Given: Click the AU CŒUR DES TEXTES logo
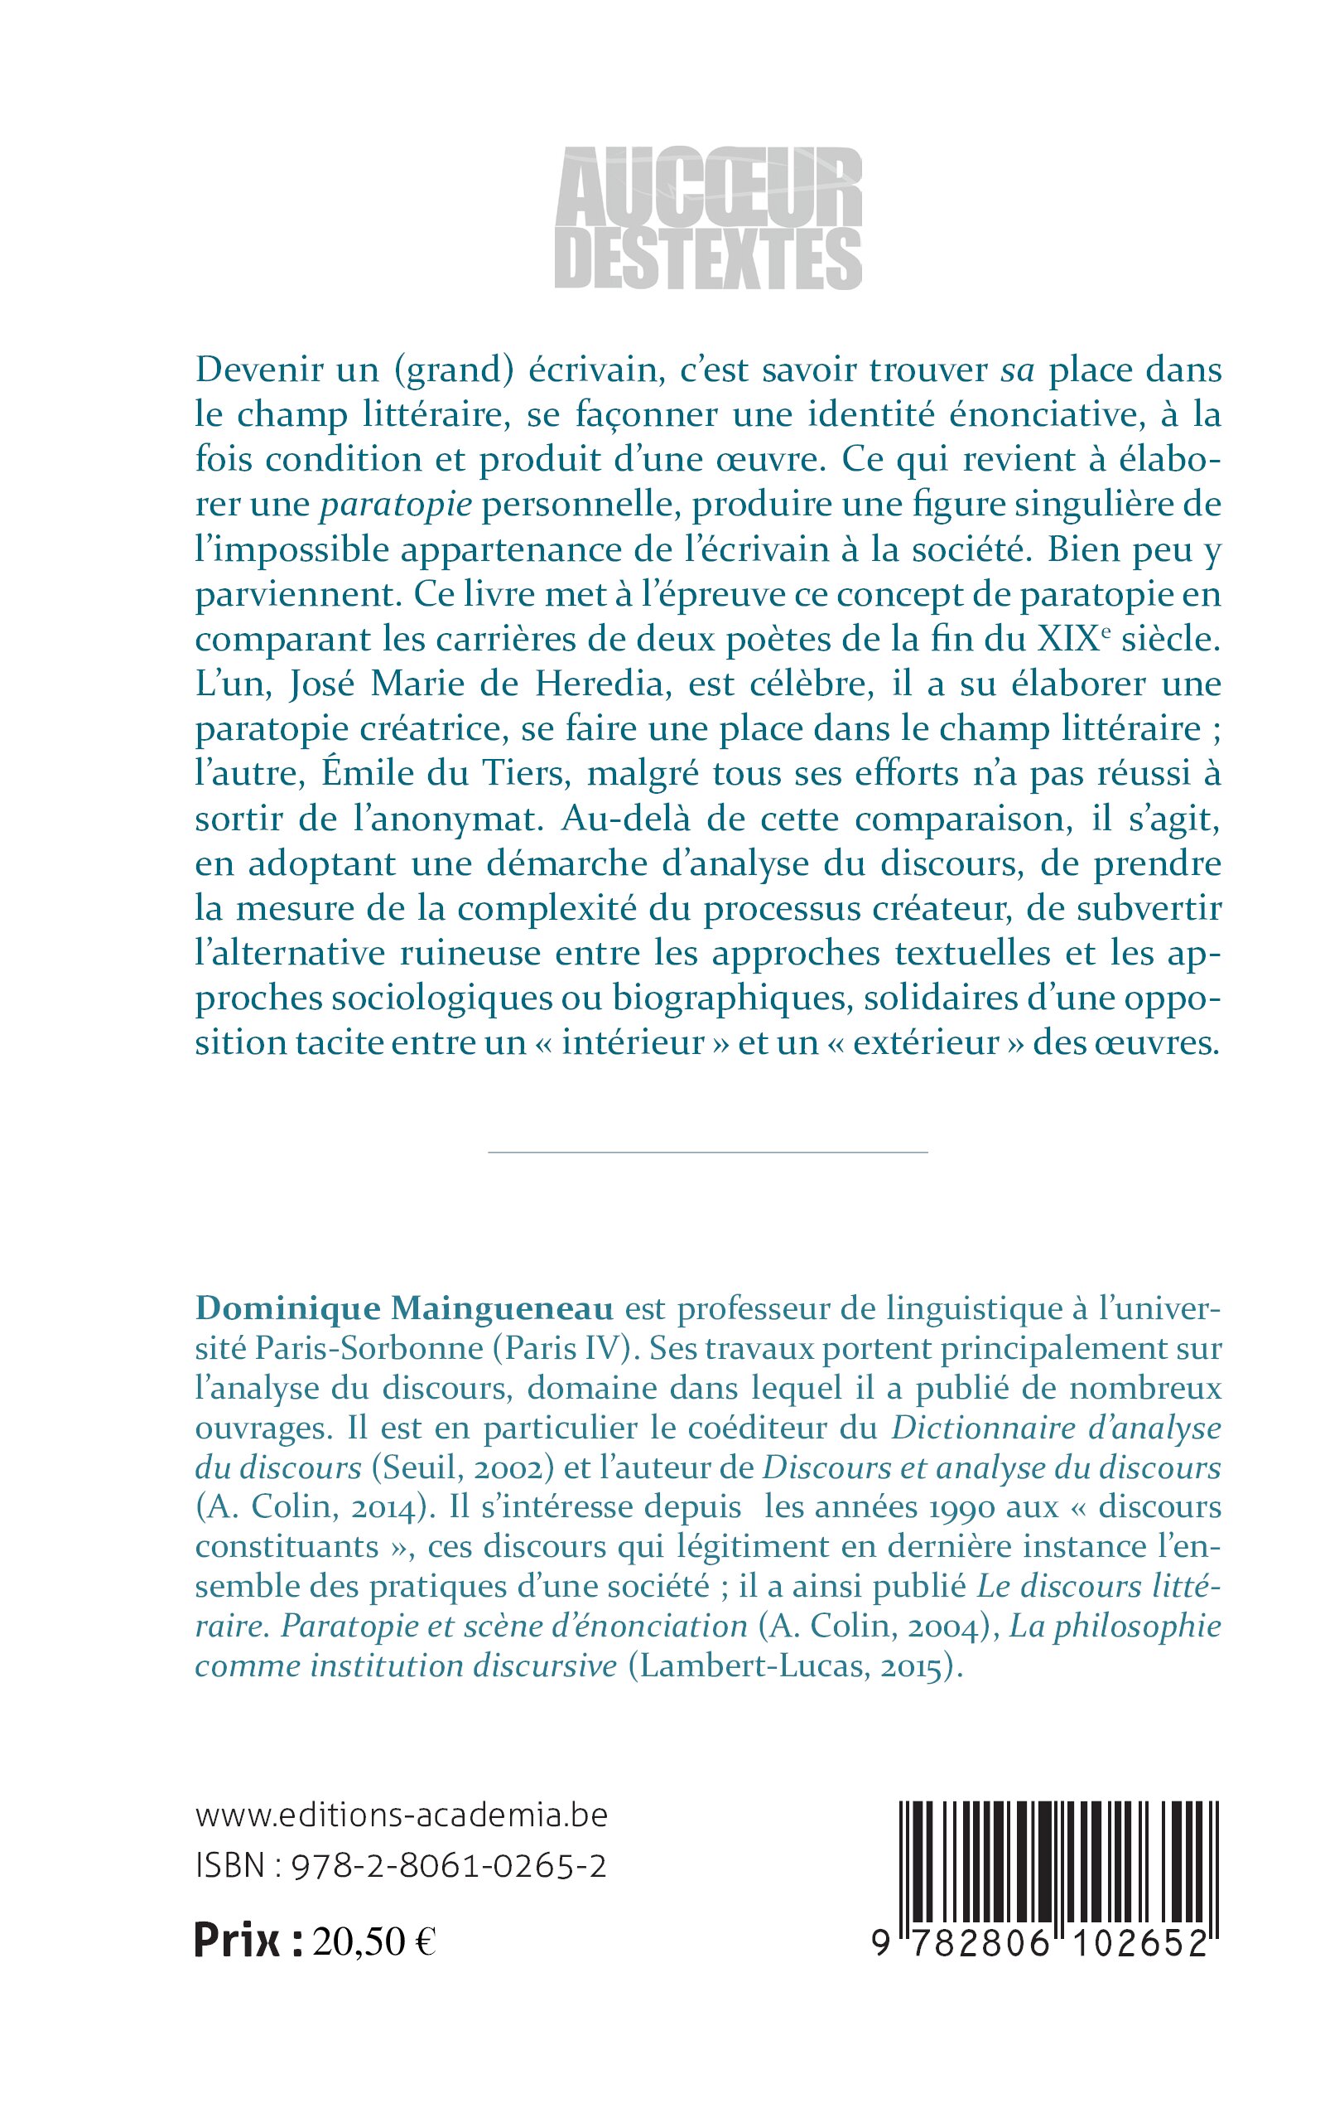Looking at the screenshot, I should pyautogui.click(x=708, y=217).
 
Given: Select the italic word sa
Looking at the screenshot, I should pyautogui.click(x=1017, y=371).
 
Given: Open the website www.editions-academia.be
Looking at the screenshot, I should pyautogui.click(x=402, y=1815).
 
